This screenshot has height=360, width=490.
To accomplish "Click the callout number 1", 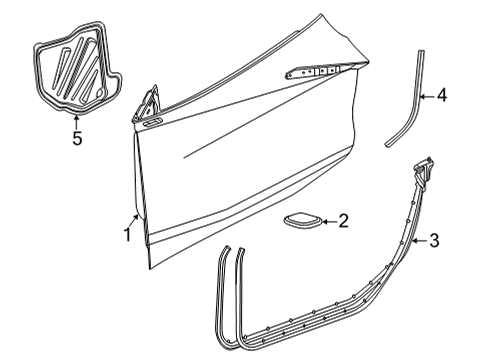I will pyautogui.click(x=127, y=236).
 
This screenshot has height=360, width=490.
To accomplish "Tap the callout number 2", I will pyautogui.click(x=342, y=221).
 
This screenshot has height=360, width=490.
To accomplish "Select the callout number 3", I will pyautogui.click(x=434, y=239).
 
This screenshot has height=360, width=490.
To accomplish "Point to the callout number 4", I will pyautogui.click(x=441, y=96).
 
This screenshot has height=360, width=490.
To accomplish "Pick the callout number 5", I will pyautogui.click(x=77, y=139).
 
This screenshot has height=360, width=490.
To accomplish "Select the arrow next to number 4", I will pyautogui.click(x=425, y=96).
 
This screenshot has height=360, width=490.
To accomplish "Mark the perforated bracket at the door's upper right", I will pyautogui.click(x=315, y=69).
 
